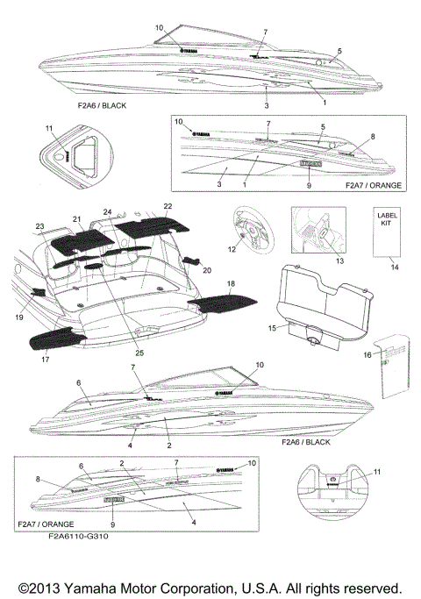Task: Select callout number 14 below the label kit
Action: [x=393, y=266]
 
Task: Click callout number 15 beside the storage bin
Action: [x=272, y=328]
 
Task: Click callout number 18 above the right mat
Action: [x=231, y=285]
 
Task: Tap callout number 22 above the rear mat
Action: [x=168, y=205]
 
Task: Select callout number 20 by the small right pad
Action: [x=207, y=271]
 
